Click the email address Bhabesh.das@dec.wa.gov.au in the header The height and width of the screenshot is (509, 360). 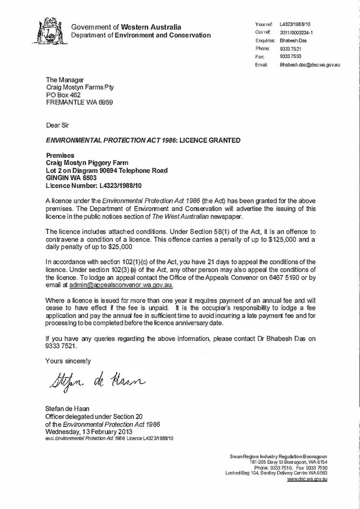coord(310,64)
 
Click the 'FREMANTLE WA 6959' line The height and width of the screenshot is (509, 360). coord(79,103)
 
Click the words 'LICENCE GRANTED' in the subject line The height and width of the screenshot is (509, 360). coord(214,140)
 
